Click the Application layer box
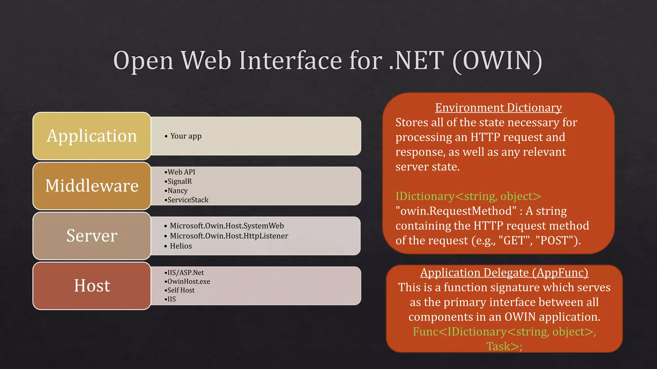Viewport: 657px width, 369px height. [x=92, y=136]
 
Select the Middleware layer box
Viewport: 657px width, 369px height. [x=92, y=186]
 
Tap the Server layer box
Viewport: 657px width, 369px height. [x=92, y=236]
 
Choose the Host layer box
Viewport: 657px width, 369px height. [x=92, y=286]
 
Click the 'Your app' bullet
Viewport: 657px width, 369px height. [x=186, y=136]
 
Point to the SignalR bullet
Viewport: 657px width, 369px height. [x=179, y=181]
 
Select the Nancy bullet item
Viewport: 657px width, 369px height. [x=177, y=191]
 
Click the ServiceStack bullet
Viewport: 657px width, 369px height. [x=188, y=200]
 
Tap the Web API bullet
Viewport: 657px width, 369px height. [x=181, y=172]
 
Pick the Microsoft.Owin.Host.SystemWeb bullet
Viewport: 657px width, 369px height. [x=226, y=226]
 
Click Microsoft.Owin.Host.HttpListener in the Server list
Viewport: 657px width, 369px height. [x=229, y=236]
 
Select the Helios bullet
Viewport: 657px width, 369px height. [x=181, y=246]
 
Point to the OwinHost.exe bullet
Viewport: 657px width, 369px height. [x=189, y=281]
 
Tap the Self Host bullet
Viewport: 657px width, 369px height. [x=181, y=290]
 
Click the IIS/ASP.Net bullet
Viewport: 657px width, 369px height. [x=185, y=273]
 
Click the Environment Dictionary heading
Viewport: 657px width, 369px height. [x=498, y=108]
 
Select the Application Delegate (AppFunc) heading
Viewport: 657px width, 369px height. [x=504, y=273]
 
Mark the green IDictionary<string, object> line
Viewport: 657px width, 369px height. [x=468, y=196]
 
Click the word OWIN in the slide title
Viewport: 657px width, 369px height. [x=497, y=61]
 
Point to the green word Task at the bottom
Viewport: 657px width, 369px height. [x=498, y=346]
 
